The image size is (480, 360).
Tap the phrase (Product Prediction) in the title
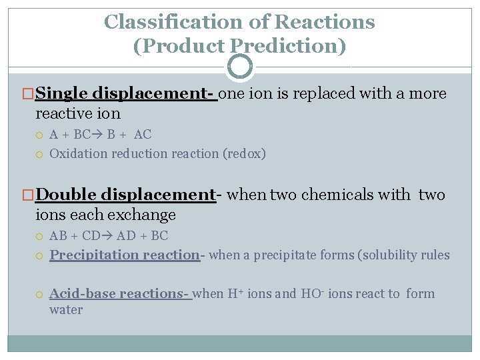point(240,46)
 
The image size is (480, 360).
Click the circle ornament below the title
point(240,66)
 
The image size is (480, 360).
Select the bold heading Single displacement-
point(127,93)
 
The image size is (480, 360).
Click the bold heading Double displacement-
point(127,195)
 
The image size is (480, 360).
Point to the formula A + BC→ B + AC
point(100,135)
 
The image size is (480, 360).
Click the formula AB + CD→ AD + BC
point(109,236)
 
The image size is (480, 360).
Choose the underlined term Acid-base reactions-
point(121,294)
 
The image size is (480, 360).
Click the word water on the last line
point(66,310)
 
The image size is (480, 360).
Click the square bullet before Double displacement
point(29,195)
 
